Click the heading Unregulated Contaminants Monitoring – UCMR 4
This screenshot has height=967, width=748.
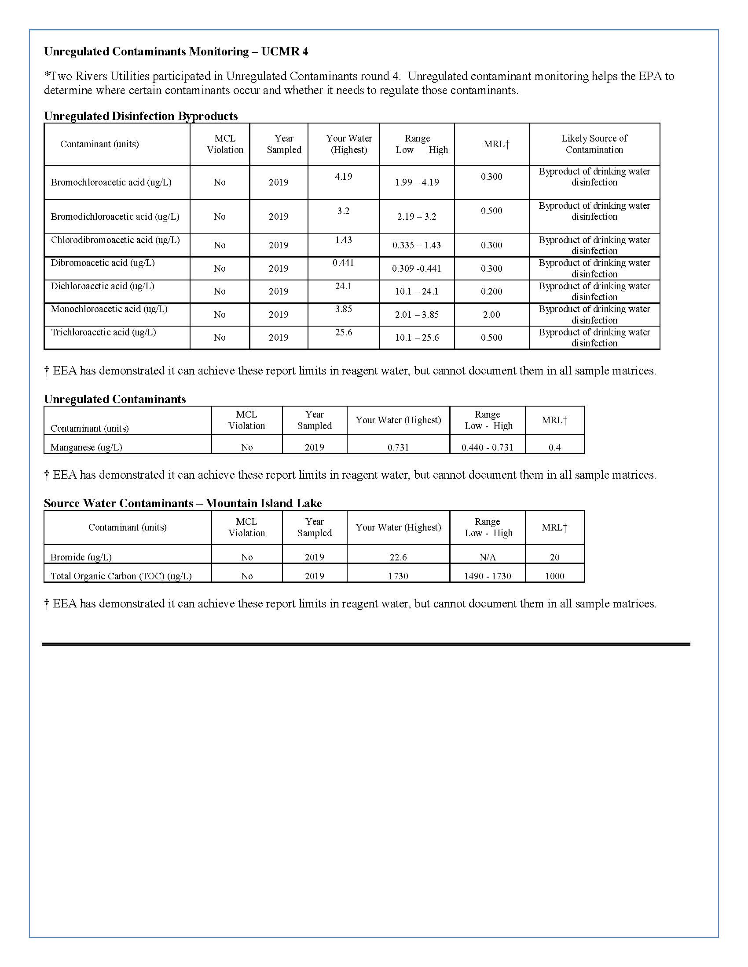click(176, 52)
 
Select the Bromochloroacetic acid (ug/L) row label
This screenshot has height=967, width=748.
click(111, 182)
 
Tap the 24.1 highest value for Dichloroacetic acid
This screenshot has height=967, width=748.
click(344, 287)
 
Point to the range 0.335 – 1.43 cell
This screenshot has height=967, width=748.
click(417, 245)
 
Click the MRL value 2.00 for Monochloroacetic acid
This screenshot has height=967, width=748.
click(491, 315)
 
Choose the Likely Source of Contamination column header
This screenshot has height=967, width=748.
click(594, 144)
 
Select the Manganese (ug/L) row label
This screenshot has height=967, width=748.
click(86, 447)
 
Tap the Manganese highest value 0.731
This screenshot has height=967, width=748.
click(398, 447)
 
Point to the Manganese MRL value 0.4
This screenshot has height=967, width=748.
click(554, 447)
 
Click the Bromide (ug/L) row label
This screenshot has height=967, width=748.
click(81, 557)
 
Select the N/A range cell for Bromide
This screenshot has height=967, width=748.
click(488, 557)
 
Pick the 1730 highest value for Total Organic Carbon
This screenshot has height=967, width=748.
click(398, 576)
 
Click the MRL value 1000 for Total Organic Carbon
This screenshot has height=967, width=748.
click(554, 576)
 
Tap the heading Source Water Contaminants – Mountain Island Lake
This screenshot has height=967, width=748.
click(183, 503)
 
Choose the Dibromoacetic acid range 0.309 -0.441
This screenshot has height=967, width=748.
click(417, 269)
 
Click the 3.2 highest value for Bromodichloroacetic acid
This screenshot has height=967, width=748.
click(344, 211)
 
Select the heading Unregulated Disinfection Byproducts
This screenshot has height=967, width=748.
click(141, 116)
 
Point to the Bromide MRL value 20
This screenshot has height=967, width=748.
click(554, 557)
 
